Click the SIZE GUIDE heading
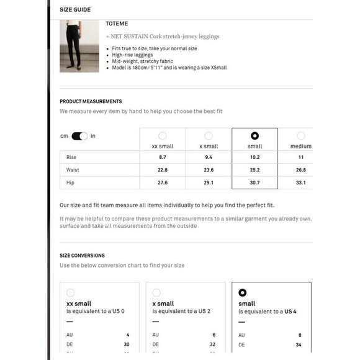pyautogui.click(x=74, y=10)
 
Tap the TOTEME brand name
pyautogui.click(x=116, y=24)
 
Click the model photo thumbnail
pyautogui.click(x=79, y=46)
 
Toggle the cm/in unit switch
pyautogui.click(x=79, y=137)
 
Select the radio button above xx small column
pyautogui.click(x=162, y=136)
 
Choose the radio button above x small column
pyautogui.click(x=209, y=136)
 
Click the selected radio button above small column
pyautogui.click(x=254, y=136)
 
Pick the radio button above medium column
pyautogui.click(x=301, y=136)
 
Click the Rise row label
pyautogui.click(x=71, y=158)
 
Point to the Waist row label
pyautogui.click(x=73, y=170)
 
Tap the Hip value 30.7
pyautogui.click(x=254, y=182)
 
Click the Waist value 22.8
pyautogui.click(x=162, y=170)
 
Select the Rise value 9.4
pyautogui.click(x=209, y=158)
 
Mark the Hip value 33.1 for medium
pyautogui.click(x=301, y=182)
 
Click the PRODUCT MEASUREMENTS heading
pyautogui.click(x=91, y=101)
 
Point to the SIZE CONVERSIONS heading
pyautogui.click(x=82, y=255)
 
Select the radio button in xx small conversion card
pyautogui.click(x=70, y=292)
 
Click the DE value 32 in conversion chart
pyautogui.click(x=213, y=344)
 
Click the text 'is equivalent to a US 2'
pyautogui.click(x=181, y=312)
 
